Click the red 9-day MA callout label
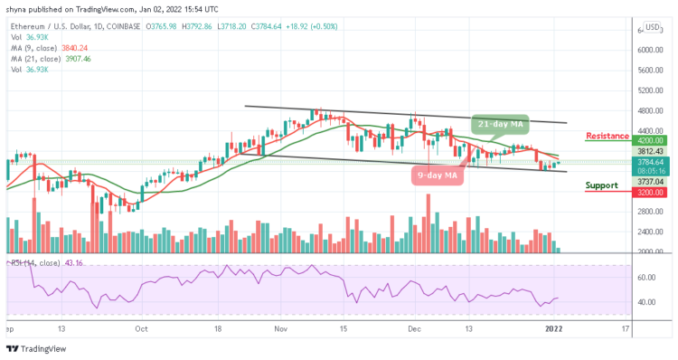coord(438,174)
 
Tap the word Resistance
coord(607,136)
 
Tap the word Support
coord(601,185)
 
